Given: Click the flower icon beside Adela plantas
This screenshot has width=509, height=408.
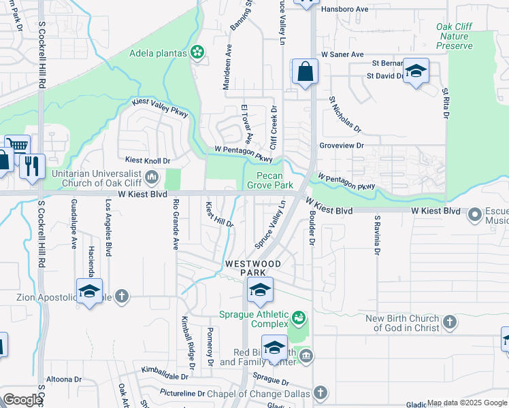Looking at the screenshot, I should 197,52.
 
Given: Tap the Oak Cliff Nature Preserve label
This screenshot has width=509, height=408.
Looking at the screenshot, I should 454,36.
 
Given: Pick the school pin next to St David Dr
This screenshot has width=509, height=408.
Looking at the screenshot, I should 416,71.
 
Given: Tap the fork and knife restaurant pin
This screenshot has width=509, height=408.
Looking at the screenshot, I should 32,165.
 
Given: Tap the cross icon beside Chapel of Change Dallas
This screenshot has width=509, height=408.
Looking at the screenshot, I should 320,393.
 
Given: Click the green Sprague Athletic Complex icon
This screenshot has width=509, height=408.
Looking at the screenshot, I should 297,317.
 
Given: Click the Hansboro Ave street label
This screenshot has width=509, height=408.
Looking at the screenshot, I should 344,10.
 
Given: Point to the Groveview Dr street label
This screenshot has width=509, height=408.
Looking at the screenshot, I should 342,146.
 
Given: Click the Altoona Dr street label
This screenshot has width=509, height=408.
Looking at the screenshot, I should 64,379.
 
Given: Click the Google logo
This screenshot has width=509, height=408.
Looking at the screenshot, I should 22,400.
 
